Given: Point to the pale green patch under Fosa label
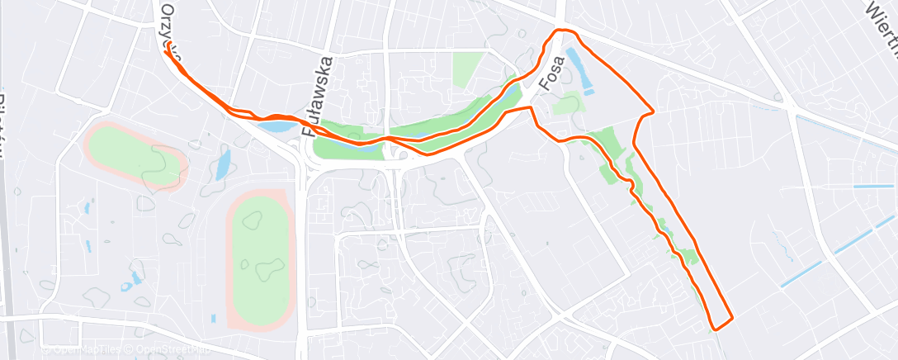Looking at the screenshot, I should [x=567, y=105].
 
